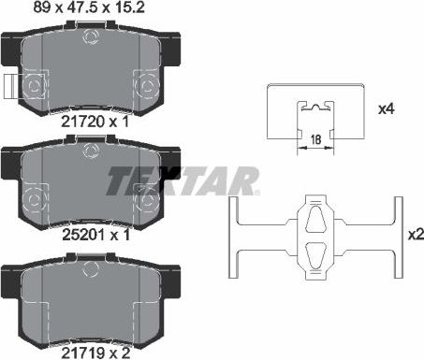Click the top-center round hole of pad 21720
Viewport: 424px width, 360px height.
(x=93, y=37)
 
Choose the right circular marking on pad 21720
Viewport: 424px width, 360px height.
(x=147, y=86)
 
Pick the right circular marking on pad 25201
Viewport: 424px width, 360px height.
(x=147, y=200)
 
